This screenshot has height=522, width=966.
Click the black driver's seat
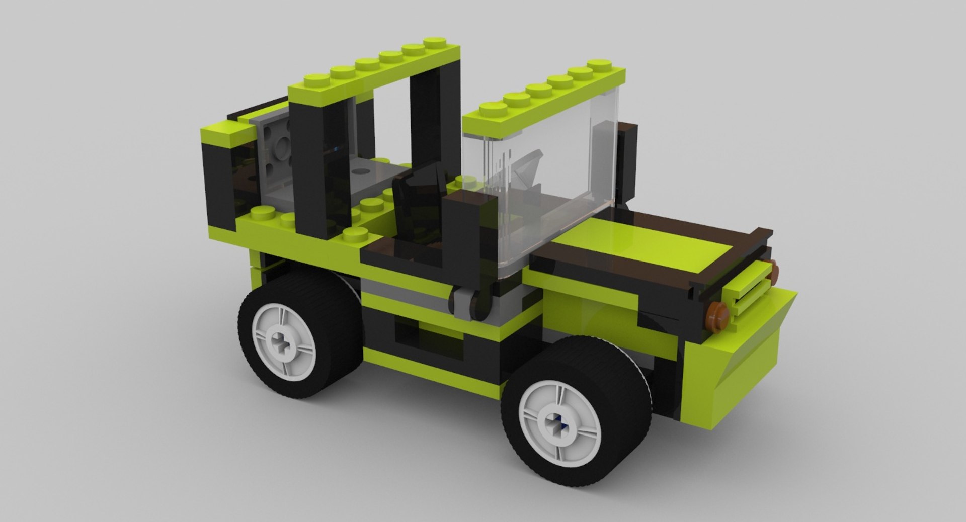pyautogui.click(x=415, y=201)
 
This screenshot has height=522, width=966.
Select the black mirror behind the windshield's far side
pyautogui.click(x=626, y=161)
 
